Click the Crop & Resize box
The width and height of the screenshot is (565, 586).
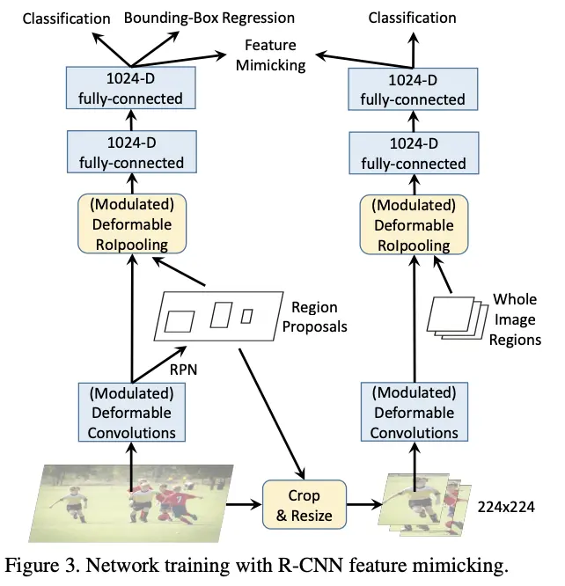pos(305,506)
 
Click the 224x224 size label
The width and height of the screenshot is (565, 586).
pos(506,508)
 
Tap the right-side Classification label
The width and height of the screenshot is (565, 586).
pos(412,18)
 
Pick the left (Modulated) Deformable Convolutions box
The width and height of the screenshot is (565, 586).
pos(131,412)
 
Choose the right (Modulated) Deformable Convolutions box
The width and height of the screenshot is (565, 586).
pos(414,412)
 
